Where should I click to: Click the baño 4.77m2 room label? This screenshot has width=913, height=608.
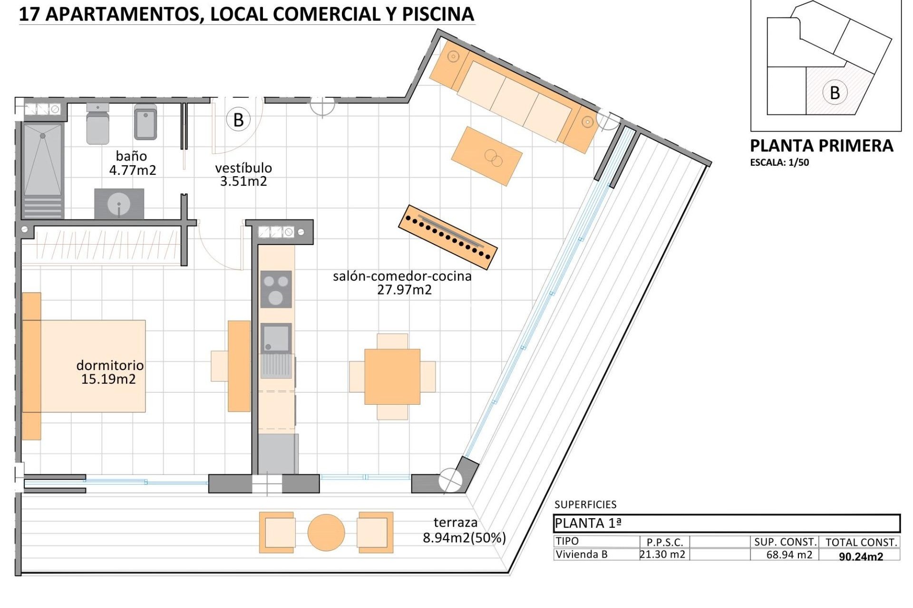(x=132, y=163)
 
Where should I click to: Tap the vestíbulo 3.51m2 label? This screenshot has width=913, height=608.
(x=243, y=174)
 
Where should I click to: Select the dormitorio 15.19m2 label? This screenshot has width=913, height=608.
(x=109, y=372)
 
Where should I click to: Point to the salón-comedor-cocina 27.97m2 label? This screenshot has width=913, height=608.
(x=402, y=283)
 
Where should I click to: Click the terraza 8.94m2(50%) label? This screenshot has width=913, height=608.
(x=464, y=530)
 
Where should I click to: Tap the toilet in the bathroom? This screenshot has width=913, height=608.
(x=98, y=123)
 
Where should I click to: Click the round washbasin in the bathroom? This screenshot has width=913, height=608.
(x=119, y=205)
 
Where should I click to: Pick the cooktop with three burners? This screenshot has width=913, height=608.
(x=276, y=289)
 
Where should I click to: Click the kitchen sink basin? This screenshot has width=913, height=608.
(x=276, y=338)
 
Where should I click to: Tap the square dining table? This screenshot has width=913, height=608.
(x=392, y=377)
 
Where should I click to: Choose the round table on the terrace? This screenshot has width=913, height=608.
(x=326, y=532)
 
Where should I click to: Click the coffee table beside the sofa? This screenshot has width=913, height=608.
(x=486, y=156)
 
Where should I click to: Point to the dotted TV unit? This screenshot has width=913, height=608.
(x=447, y=237)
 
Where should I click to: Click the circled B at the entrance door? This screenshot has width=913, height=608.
(x=238, y=120)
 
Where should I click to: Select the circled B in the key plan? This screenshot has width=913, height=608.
(x=834, y=93)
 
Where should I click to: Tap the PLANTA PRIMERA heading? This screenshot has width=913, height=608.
(x=821, y=146)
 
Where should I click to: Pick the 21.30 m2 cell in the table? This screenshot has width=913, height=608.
(x=662, y=554)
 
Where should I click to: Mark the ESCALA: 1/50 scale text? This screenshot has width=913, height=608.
(x=779, y=162)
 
